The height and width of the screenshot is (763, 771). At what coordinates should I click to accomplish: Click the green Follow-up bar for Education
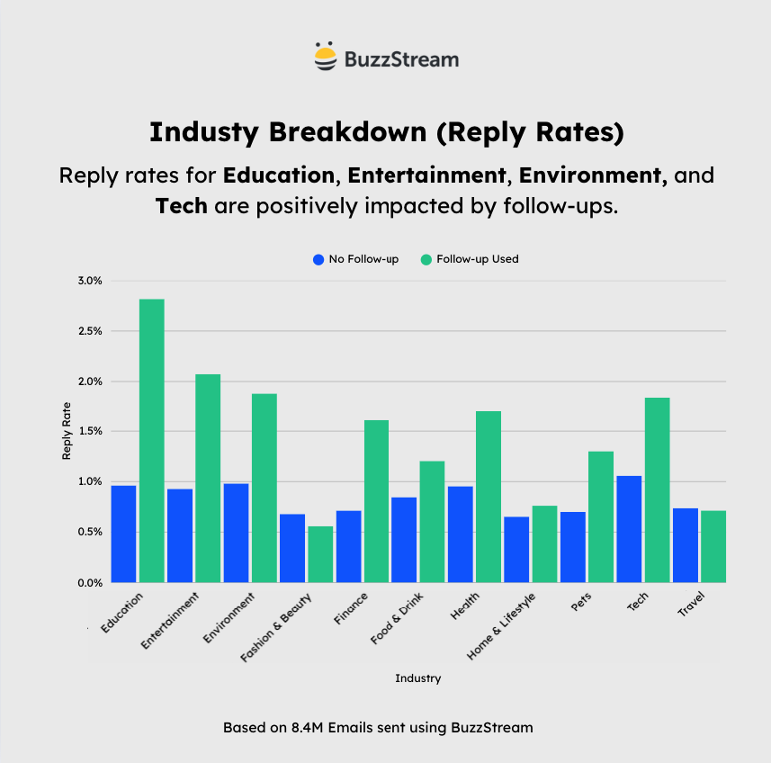coord(151,441)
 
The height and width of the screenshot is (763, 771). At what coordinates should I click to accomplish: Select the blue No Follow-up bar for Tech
coord(629,529)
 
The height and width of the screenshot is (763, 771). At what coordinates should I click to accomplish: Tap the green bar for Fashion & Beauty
coord(320,554)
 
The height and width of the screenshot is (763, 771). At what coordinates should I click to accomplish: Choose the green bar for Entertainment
coord(208,478)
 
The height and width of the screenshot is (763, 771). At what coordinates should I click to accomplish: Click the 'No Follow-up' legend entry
coord(355,259)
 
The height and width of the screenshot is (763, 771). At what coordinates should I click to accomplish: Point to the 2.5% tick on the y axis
coord(89,331)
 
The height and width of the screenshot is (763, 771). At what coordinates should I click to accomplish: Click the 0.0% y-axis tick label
coord(89,583)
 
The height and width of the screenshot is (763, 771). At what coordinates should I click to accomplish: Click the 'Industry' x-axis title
coord(417,678)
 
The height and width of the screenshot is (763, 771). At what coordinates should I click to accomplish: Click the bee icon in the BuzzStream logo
coord(325,57)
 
